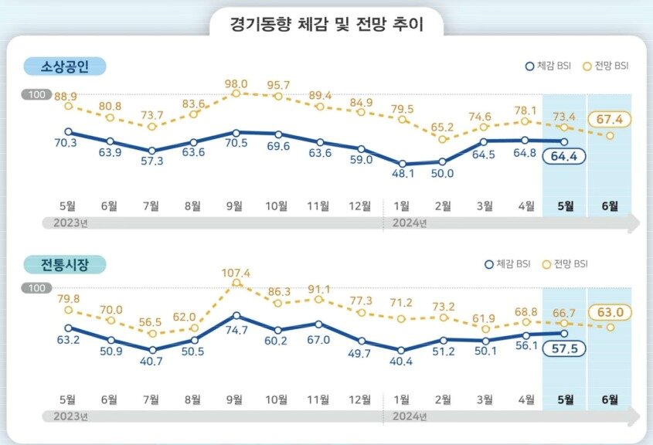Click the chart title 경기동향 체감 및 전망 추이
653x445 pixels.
pyautogui.click(x=326, y=23)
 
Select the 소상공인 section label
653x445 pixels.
pyautogui.click(x=64, y=66)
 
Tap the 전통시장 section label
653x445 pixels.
pyautogui.click(x=64, y=264)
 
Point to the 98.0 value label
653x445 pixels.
pyautogui.click(x=236, y=83)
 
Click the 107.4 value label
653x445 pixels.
pyautogui.click(x=236, y=273)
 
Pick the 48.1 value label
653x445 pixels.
pyautogui.click(x=402, y=175)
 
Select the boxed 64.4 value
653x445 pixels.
pyautogui.click(x=566, y=156)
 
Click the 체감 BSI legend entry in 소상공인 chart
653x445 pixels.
pyautogui.click(x=551, y=66)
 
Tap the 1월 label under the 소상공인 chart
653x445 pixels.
pyautogui.click(x=402, y=206)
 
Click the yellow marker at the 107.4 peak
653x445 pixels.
pyautogui.click(x=236, y=284)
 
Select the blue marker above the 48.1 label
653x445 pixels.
pyautogui.click(x=402, y=164)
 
